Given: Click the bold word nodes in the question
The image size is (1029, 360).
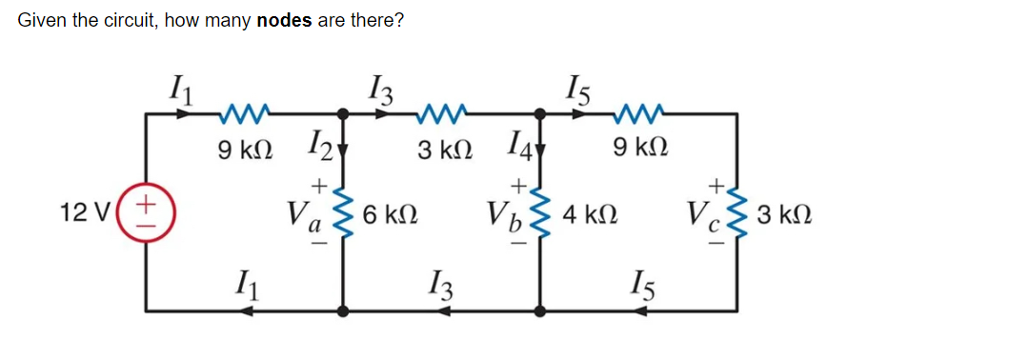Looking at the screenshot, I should point(285,21).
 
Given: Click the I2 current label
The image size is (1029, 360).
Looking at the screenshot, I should point(317,149).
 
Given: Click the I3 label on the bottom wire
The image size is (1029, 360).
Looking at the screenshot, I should point(439,283).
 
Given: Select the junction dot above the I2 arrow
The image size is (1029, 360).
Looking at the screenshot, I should point(343,113).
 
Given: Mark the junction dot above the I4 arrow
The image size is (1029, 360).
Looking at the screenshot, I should point(541,113).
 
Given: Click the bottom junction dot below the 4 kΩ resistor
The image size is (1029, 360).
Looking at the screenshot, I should point(541,310).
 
